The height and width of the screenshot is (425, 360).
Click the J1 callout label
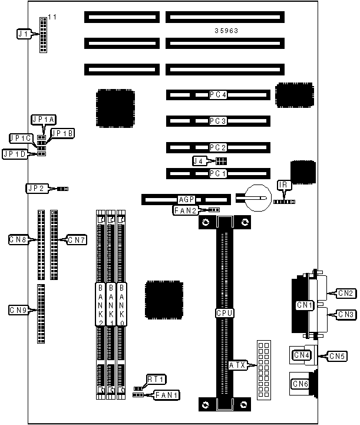point(24,35)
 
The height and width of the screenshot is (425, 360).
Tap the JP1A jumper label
point(44,120)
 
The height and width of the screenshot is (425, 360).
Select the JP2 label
point(35,189)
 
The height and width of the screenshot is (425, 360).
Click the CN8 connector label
point(18,239)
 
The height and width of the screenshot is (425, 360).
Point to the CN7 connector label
point(77,239)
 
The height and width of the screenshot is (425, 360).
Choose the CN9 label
point(18,309)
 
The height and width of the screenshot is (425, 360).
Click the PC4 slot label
point(218,94)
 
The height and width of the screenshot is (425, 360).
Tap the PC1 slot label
point(218,174)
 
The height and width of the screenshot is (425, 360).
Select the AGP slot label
point(186,200)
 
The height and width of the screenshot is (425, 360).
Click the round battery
point(257,196)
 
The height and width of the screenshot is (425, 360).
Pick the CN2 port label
point(345,292)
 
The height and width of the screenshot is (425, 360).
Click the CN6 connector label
point(301,384)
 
